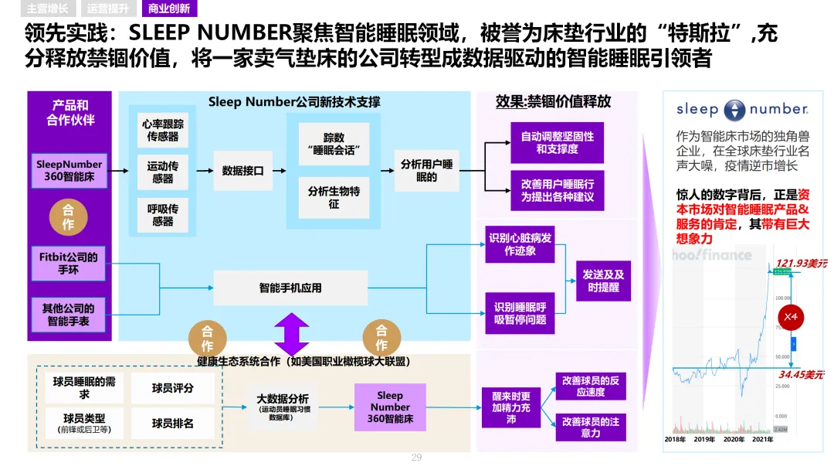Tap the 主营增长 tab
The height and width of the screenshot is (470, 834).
click(x=47, y=9)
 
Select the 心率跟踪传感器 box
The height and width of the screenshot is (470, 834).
click(x=162, y=130)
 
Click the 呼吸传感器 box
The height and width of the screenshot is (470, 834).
click(x=162, y=214)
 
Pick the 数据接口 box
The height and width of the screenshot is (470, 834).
click(x=242, y=171)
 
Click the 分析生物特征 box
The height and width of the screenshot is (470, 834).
click(x=334, y=197)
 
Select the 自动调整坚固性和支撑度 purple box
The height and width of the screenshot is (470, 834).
click(x=557, y=142)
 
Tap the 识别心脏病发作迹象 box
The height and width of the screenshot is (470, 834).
click(x=520, y=244)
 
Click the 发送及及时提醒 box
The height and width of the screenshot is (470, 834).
click(x=603, y=281)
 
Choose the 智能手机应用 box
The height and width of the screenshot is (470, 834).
click(x=290, y=288)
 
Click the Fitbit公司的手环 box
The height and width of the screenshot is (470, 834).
click(x=69, y=263)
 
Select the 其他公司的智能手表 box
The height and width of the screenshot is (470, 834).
click(x=69, y=314)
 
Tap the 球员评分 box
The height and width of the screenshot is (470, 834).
click(x=172, y=388)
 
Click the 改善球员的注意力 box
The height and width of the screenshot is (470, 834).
click(x=590, y=427)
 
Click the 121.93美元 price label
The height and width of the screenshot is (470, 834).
click(x=800, y=264)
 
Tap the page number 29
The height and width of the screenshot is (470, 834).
click(x=416, y=458)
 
